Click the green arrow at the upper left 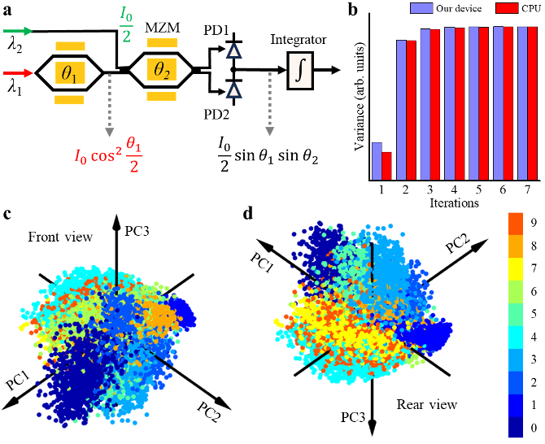(17, 32)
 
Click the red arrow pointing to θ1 (17, 73)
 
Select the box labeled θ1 (69, 73)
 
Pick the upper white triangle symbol (233, 53)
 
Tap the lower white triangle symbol (233, 90)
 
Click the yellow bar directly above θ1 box (69, 47)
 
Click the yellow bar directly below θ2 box (161, 96)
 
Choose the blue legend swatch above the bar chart (421, 7)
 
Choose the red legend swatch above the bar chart (507, 8)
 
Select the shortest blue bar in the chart (377, 160)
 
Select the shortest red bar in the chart (386, 165)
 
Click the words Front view (60, 237)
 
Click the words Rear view (426, 404)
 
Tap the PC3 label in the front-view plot (136, 230)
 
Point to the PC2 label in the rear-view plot (456, 241)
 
